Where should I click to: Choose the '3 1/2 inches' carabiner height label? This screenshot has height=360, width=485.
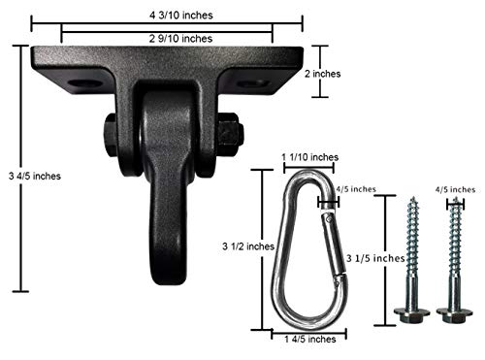point(226,248)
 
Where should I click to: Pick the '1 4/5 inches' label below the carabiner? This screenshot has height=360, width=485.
point(307,339)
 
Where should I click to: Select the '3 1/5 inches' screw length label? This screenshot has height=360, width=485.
point(377,258)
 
